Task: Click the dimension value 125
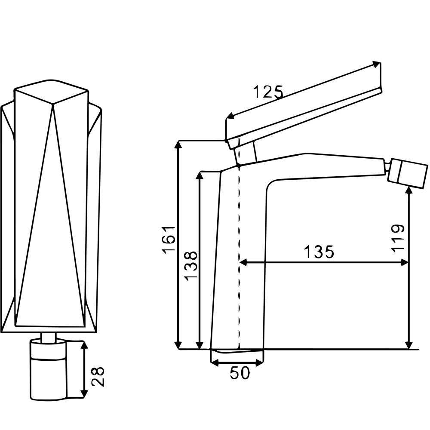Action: point(267,92)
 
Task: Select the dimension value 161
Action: point(168,240)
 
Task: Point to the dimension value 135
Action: point(319,251)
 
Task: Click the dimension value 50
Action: point(240,373)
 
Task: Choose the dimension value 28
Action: point(98,377)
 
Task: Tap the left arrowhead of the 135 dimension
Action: point(243,262)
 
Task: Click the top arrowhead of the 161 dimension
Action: point(179,145)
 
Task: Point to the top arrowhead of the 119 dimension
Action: point(409,190)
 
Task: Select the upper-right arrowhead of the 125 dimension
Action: point(377,64)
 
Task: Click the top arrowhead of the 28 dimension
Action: point(85,345)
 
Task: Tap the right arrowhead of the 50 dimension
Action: point(259,363)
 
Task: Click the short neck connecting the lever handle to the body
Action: point(246,154)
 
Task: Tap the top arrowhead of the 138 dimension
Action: point(201,176)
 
